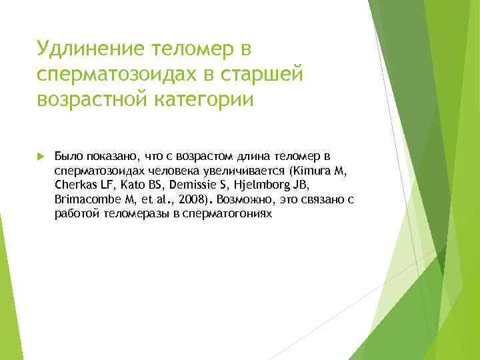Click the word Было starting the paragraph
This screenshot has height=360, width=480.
point(66,157)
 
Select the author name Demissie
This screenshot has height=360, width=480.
point(189,185)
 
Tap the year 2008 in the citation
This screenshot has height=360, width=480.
point(192,200)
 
